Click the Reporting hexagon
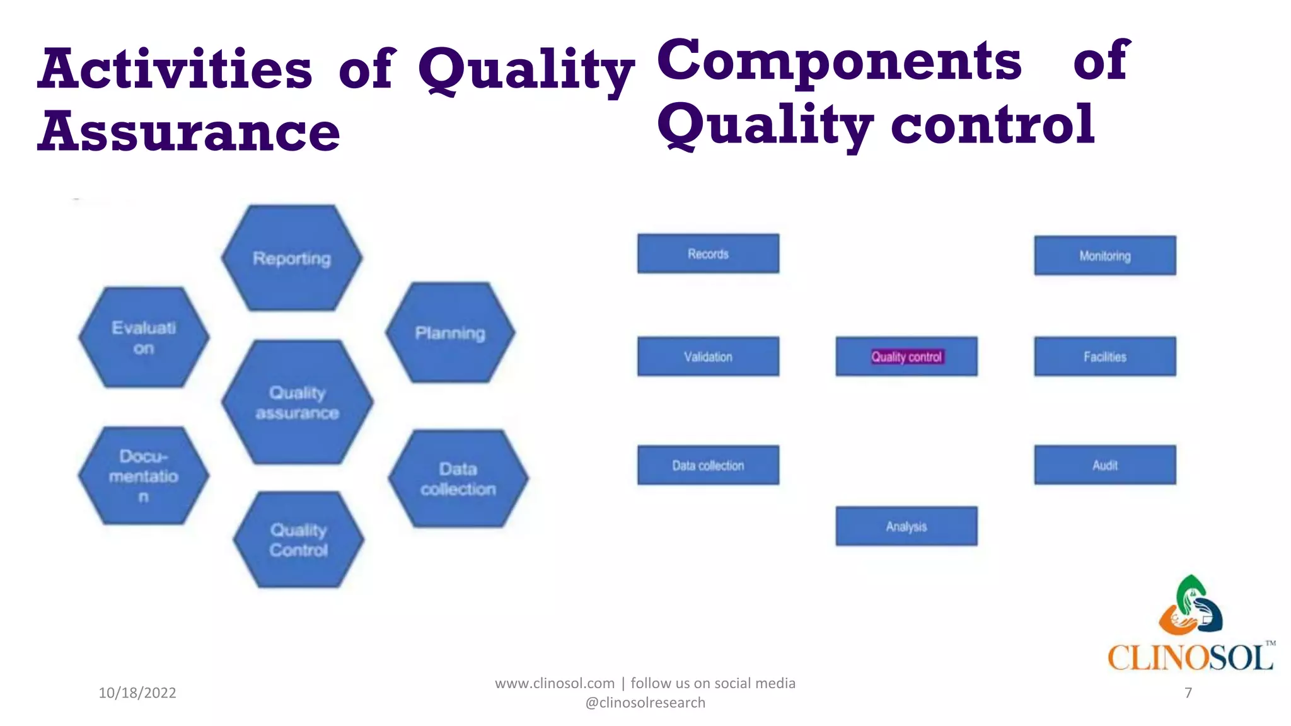(292, 258)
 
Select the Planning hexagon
(450, 332)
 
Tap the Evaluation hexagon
(144, 337)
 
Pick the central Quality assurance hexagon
(297, 402)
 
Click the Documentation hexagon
(144, 476)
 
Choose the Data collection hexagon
(458, 478)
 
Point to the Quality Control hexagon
(299, 539)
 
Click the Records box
(708, 253)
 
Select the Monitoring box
(1104, 255)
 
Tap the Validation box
(708, 356)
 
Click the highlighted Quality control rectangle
(906, 356)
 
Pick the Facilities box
(1104, 356)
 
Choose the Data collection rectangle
(708, 465)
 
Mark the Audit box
(1104, 465)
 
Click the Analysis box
(906, 526)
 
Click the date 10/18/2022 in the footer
(137, 693)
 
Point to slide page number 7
(1188, 693)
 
